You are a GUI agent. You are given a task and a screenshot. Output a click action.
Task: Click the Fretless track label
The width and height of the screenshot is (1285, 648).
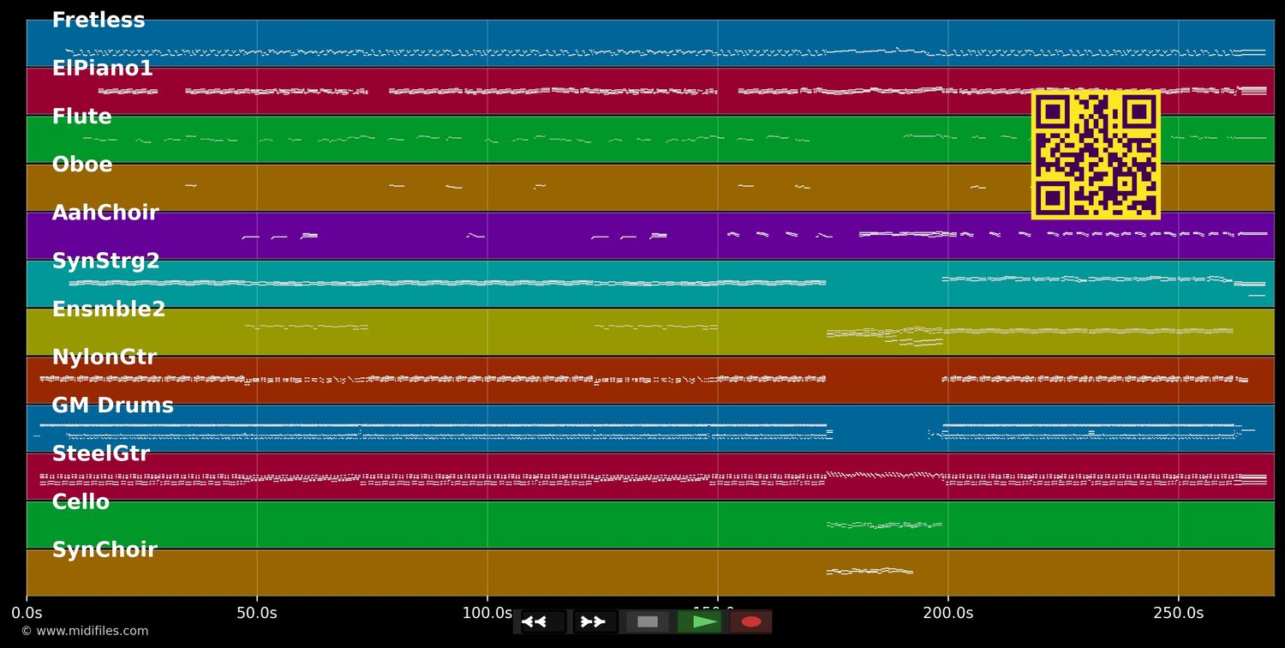99,21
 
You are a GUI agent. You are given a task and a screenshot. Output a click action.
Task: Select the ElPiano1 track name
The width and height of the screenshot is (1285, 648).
102,69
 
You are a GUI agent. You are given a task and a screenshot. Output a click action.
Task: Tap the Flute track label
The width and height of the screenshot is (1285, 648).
81,117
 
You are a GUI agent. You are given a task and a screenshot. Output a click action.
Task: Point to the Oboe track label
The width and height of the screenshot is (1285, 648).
81,165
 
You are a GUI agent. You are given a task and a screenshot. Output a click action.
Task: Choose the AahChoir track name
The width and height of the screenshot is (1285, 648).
105,213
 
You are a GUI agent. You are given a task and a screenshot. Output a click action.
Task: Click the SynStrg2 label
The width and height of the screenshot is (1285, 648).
105,261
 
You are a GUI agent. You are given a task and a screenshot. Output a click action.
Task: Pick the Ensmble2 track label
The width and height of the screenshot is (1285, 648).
108,309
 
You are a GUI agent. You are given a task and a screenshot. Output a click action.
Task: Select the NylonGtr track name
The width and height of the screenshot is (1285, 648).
104,357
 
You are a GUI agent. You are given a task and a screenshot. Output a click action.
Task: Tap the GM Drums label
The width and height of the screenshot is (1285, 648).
112,405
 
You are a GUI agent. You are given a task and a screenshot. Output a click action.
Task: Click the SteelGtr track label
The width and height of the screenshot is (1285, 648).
100,454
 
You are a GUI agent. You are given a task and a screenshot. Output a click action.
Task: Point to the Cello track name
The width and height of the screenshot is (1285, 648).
81,502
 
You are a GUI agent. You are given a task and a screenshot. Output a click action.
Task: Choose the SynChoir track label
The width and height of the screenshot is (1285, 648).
104,550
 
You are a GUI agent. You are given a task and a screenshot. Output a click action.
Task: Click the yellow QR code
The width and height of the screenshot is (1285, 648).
1096,155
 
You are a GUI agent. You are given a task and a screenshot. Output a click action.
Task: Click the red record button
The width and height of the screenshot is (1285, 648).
751,621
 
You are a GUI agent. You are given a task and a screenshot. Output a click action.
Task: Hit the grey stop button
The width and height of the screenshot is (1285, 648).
648,621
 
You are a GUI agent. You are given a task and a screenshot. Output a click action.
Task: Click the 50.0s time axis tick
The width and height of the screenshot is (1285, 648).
256,613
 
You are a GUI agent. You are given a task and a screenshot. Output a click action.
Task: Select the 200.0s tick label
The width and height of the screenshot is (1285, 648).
947,613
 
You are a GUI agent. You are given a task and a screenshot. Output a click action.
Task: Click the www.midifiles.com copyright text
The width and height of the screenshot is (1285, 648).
84,631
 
